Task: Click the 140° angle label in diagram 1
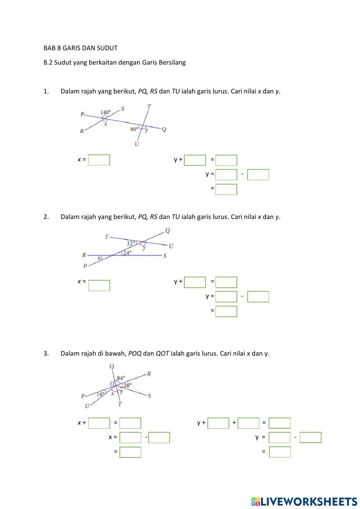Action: tap(106, 112)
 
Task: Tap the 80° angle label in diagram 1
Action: tap(134, 129)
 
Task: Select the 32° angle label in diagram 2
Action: tap(131, 244)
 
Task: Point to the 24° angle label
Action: tap(127, 253)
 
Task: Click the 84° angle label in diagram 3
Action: tap(121, 378)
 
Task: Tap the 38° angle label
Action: tap(128, 385)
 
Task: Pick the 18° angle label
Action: tap(100, 394)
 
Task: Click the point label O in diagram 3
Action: tap(112, 384)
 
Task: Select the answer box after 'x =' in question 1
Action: tap(99, 160)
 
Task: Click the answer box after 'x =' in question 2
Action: tap(99, 285)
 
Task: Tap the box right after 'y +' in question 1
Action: tap(195, 160)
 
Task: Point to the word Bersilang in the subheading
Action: tap(172, 62)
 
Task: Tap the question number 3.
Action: tap(46, 353)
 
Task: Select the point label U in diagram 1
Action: tap(137, 144)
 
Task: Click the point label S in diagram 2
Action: tap(165, 256)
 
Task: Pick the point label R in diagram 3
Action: tap(149, 374)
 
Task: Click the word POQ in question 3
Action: tap(135, 354)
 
